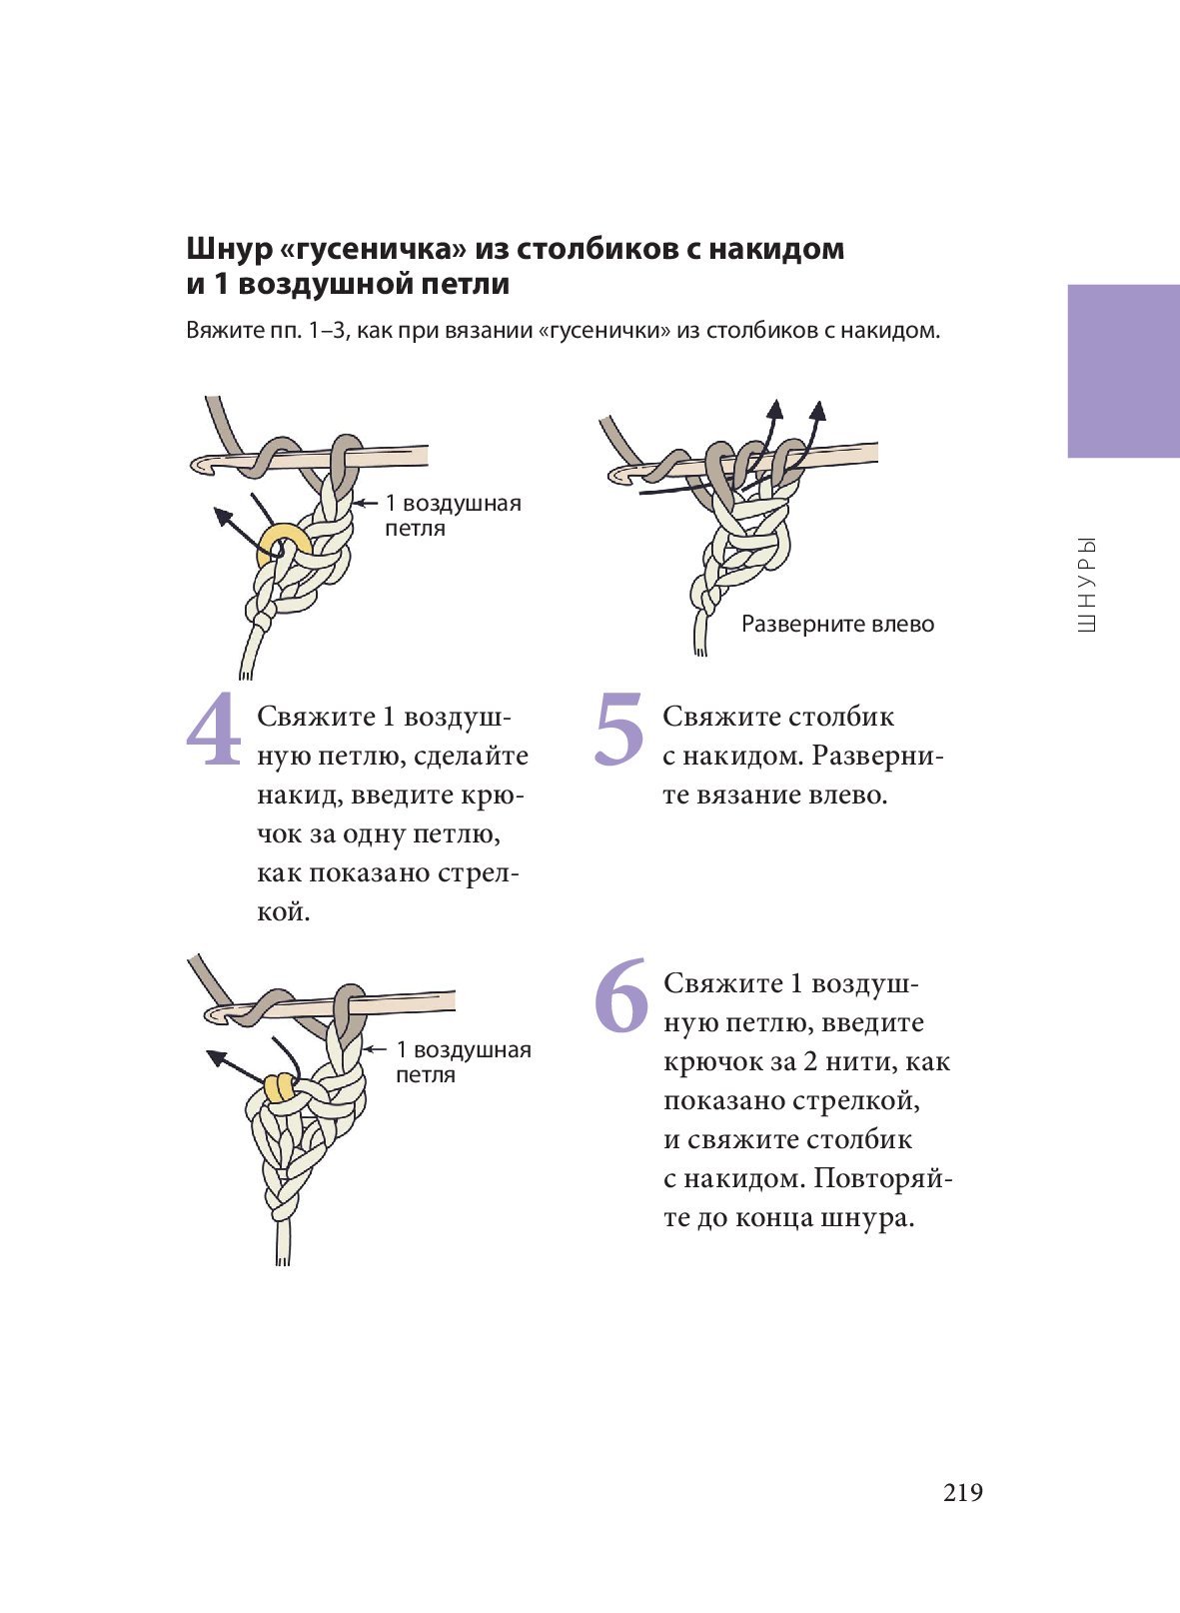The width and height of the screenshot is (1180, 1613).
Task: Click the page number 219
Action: coord(963,1492)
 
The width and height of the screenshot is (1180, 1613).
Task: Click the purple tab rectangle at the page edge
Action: coord(1123,371)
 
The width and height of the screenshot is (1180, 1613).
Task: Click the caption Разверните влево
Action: coord(837,625)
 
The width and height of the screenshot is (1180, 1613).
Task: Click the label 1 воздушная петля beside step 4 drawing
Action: coord(452,515)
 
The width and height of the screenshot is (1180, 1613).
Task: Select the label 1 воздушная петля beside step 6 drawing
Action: coord(463,1061)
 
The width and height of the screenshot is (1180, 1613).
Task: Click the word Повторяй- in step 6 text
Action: coord(882,1178)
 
